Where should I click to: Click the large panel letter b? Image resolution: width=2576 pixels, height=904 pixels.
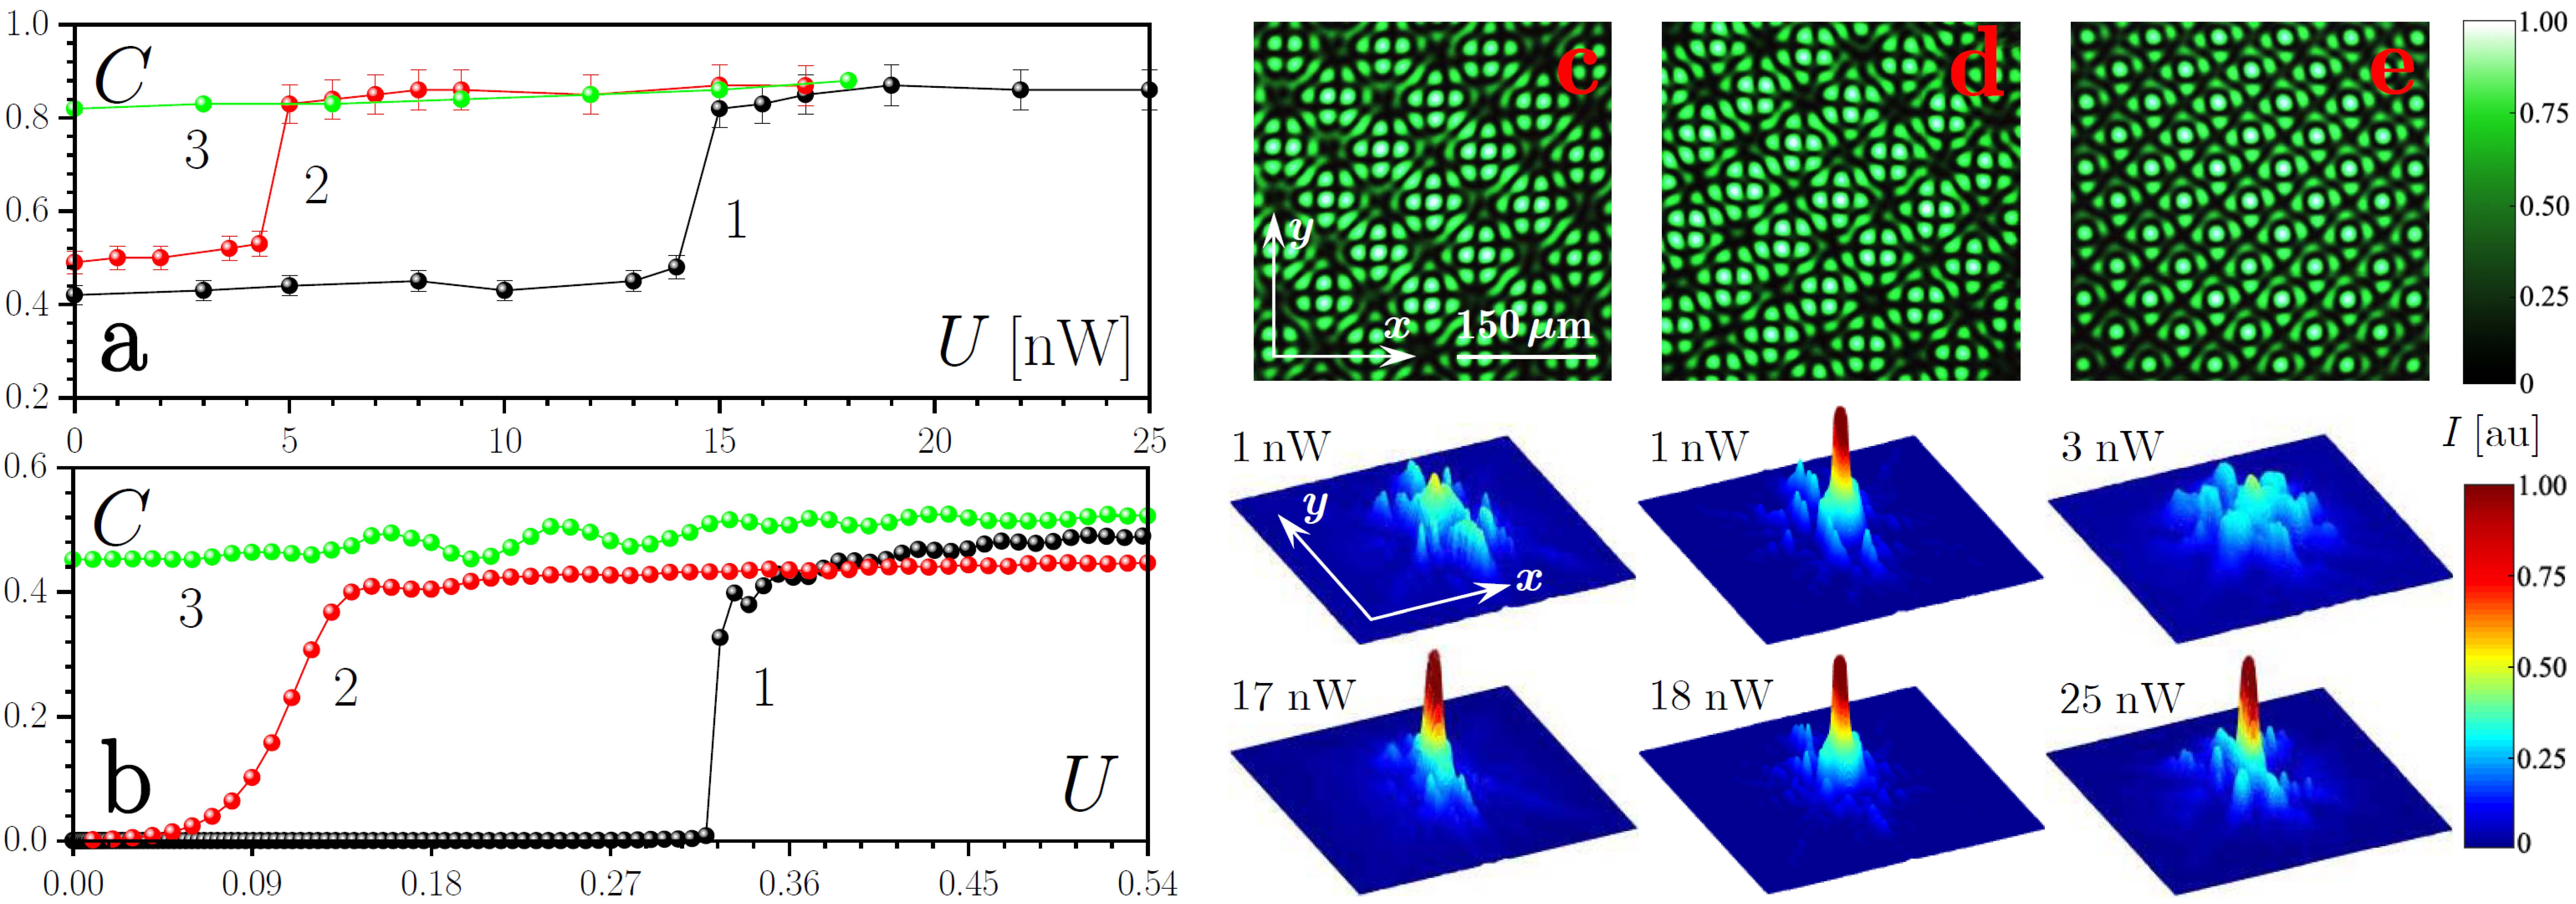click(x=126, y=783)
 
